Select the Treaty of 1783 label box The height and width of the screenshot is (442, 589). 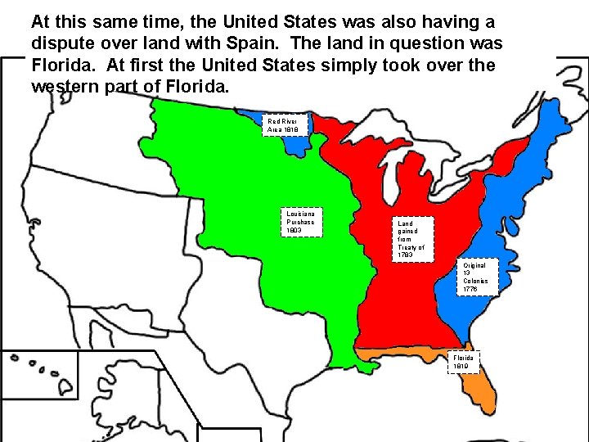411,238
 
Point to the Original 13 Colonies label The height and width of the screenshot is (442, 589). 475,277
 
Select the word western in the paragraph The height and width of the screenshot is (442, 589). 68,85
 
